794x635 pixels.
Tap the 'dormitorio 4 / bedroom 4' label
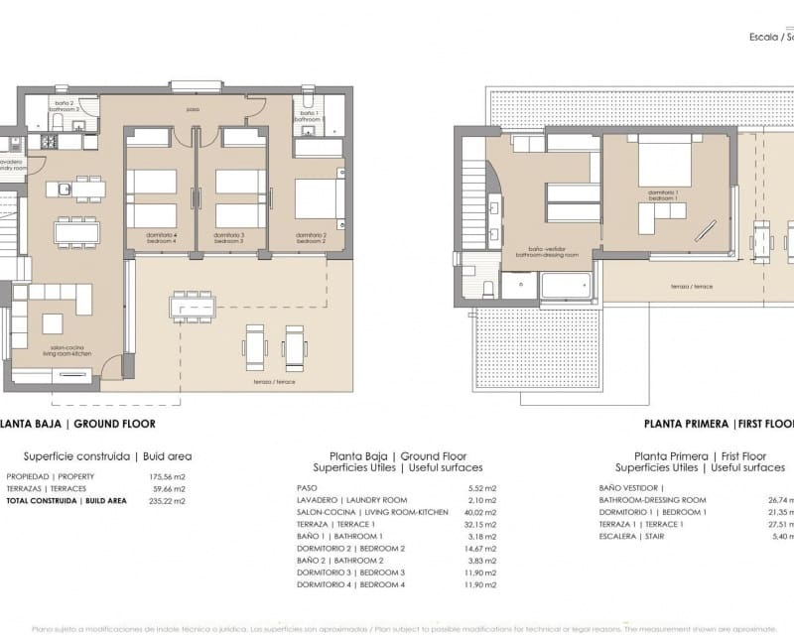(x=154, y=238)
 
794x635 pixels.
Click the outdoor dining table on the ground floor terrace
(x=192, y=308)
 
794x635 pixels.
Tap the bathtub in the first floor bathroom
(x=566, y=286)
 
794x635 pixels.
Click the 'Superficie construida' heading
(x=76, y=456)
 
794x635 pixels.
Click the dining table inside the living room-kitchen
(x=76, y=232)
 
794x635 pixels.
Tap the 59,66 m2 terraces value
(x=167, y=489)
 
